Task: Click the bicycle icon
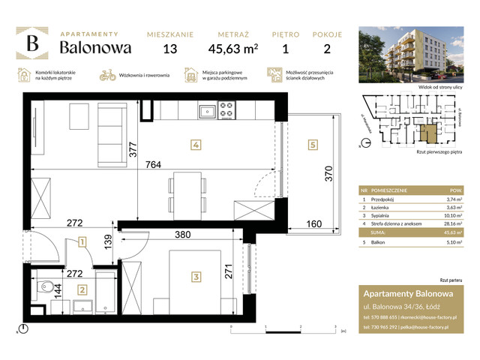pyautogui.click(x=106, y=75)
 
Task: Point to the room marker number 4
pyautogui.click(x=194, y=145)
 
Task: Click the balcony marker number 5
pyautogui.click(x=312, y=145)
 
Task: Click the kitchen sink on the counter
pyautogui.click(x=205, y=112)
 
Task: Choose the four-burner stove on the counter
pyautogui.click(x=226, y=112)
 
